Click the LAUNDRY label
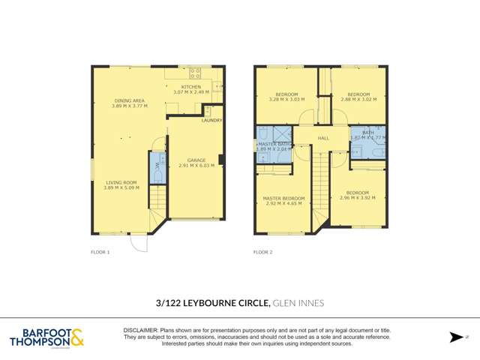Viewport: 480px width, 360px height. (x=212, y=121)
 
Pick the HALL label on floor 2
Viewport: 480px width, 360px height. (x=323, y=138)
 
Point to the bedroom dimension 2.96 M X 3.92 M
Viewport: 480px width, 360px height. (x=357, y=198)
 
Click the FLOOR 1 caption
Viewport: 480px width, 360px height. (x=100, y=252)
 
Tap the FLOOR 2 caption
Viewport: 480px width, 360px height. (x=262, y=252)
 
